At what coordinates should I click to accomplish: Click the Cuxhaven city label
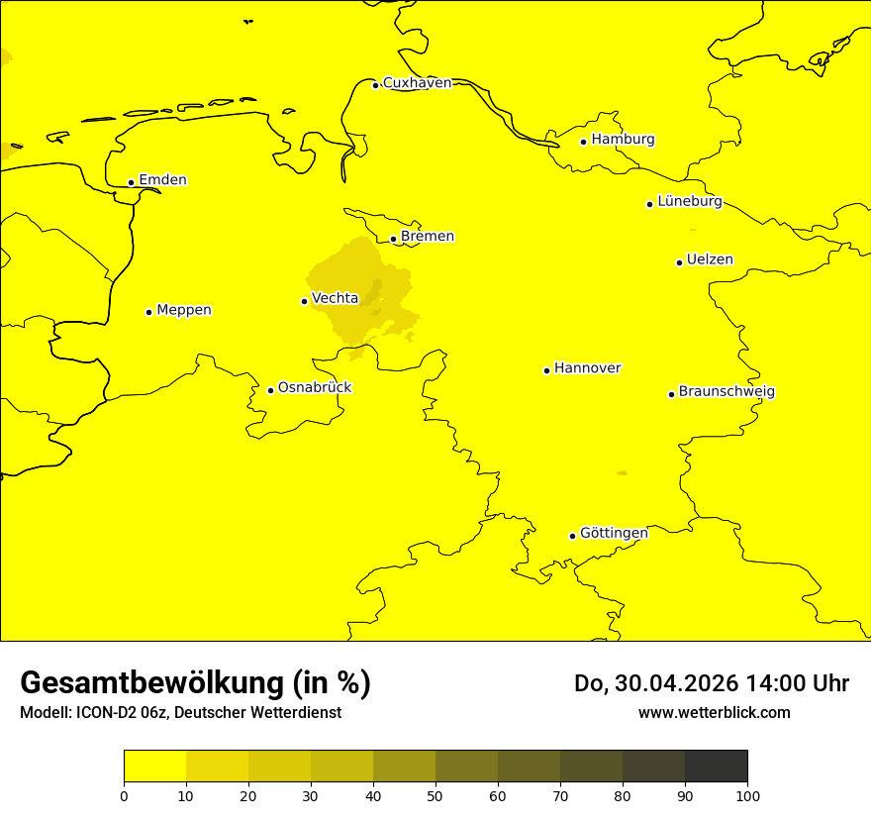[417, 83]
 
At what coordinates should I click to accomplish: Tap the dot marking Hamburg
[584, 142]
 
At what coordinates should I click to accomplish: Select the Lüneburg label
[689, 202]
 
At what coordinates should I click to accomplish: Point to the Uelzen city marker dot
[679, 262]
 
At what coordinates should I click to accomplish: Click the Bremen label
[428, 237]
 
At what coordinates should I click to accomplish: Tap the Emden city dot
[131, 182]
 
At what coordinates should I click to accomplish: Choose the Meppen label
[184, 310]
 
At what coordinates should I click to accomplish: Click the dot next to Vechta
[304, 301]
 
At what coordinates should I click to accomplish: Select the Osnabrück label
[315, 387]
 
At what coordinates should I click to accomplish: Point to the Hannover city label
[587, 368]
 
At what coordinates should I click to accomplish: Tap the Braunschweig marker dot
[671, 394]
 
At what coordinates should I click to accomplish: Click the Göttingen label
[614, 534]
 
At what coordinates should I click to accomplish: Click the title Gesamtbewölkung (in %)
[195, 683]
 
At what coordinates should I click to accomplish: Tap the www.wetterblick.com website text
[714, 713]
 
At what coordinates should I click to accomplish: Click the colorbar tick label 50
[435, 795]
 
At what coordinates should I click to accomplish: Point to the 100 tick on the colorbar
[747, 795]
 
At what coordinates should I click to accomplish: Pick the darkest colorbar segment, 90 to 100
[716, 767]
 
